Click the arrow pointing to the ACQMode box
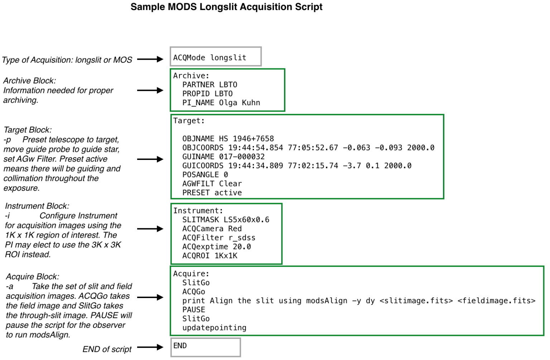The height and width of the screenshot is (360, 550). click(x=150, y=59)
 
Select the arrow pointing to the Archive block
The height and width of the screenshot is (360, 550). click(x=150, y=90)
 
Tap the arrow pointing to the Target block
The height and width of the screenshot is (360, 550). click(x=150, y=159)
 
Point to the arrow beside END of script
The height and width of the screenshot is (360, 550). click(x=150, y=347)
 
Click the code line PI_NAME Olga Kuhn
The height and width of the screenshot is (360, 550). click(x=221, y=103)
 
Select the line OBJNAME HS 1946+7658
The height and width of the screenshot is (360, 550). click(x=228, y=138)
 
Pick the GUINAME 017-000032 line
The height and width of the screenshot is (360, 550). click(x=223, y=157)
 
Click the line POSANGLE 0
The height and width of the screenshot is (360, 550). click(x=205, y=175)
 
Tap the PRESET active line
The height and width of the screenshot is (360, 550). click(x=212, y=193)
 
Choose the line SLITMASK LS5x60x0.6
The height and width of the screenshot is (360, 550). click(x=226, y=220)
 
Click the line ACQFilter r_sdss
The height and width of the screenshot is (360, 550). click(x=219, y=238)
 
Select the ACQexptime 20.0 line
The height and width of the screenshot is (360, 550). click(x=217, y=247)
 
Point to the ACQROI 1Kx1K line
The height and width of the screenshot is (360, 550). click(x=210, y=256)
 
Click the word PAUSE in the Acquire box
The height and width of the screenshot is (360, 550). click(x=193, y=310)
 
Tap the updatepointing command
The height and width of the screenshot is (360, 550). click(x=214, y=328)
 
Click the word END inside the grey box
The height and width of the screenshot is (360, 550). click(x=180, y=346)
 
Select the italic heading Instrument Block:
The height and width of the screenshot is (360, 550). click(x=37, y=206)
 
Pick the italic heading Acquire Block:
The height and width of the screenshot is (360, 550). click(x=33, y=277)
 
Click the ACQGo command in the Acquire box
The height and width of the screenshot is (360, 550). click(x=193, y=292)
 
